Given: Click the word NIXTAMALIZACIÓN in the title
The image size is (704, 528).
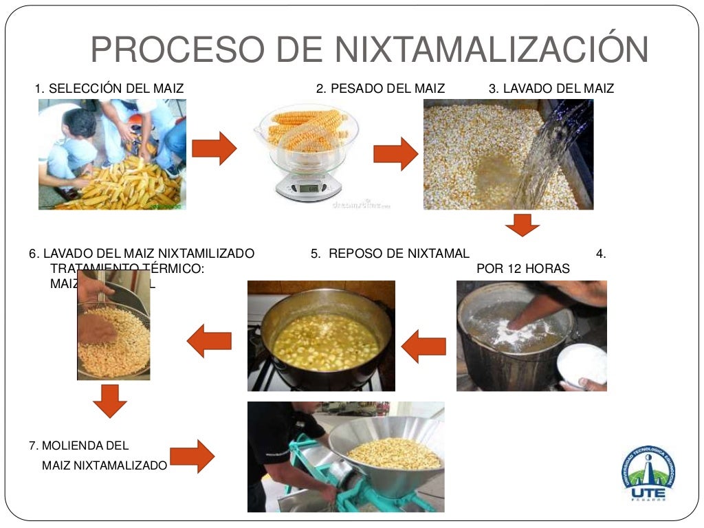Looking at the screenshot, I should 492,50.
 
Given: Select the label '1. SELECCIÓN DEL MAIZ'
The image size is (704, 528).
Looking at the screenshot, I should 109,89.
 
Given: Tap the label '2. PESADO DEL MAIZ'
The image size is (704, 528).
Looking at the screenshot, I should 380,89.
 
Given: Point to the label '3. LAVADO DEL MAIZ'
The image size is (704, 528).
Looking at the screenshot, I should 551,89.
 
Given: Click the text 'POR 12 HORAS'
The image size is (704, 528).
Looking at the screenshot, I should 522,269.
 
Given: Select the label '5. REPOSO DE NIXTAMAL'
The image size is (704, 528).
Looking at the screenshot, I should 389,254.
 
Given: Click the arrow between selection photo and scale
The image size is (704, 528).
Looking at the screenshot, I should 214,148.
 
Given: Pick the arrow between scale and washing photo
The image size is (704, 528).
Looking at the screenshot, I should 395,153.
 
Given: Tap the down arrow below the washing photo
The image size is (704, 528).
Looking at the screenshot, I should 522,225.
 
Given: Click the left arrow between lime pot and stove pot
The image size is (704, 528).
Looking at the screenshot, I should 423,346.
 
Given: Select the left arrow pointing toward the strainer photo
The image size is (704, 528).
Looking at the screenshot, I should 209,341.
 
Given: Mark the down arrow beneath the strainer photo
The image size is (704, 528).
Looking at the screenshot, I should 110,401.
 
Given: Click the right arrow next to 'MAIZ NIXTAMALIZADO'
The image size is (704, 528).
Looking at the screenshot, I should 192,456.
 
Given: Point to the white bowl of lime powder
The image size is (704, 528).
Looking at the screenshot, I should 584,364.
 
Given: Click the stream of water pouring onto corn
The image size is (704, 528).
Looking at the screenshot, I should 550,151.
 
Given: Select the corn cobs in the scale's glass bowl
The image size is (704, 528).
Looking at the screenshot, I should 306,129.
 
